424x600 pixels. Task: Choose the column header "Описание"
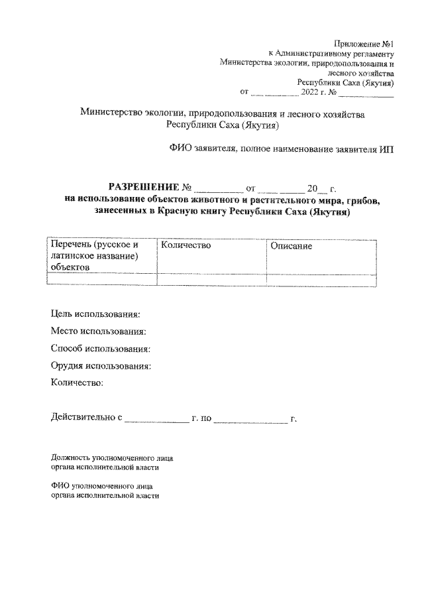(x=291, y=246)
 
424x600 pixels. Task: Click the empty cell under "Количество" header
(x=211, y=280)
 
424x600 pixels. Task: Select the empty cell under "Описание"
(x=321, y=280)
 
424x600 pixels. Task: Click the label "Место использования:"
(x=99, y=331)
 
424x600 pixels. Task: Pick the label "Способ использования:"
(x=101, y=348)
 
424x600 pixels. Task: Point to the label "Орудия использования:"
(x=101, y=365)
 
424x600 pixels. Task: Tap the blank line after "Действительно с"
(x=157, y=419)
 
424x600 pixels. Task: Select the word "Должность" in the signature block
(x=72, y=457)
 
